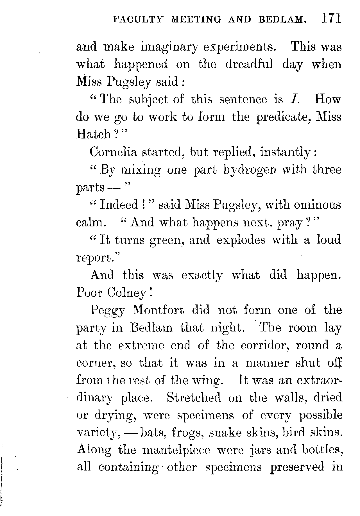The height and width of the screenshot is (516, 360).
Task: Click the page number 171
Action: point(331,19)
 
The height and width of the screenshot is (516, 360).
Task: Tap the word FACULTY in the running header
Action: point(137,19)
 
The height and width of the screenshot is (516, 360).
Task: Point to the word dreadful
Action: point(249,64)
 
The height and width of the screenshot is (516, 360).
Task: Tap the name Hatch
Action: point(94,134)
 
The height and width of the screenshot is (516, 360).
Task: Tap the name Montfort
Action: point(159,310)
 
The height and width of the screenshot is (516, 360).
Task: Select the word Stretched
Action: point(193,398)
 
